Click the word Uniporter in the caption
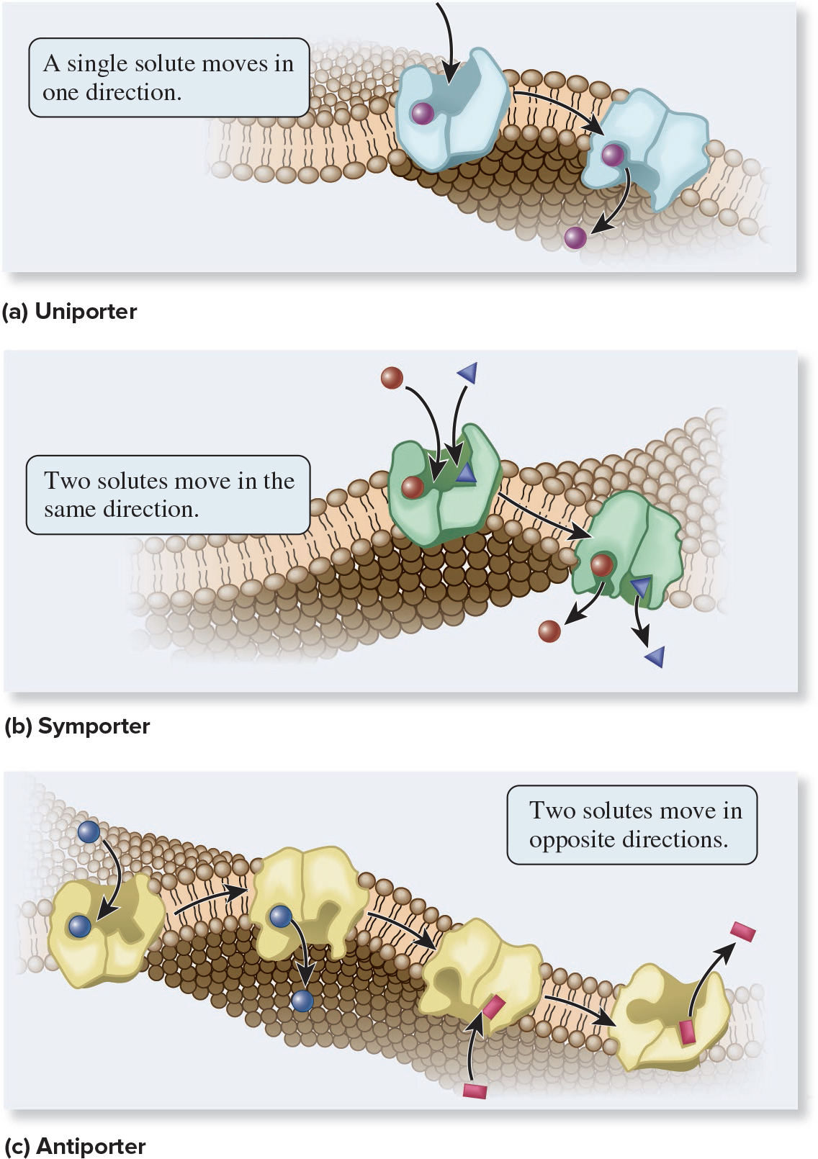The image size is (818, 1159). click(x=86, y=312)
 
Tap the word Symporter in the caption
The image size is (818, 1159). click(x=94, y=726)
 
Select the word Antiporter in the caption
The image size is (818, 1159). click(x=91, y=1146)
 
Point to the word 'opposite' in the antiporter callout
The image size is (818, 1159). click(x=572, y=840)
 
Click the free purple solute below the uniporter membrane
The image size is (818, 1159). click(x=575, y=237)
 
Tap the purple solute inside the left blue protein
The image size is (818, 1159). click(x=422, y=113)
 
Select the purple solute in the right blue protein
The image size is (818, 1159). click(x=613, y=154)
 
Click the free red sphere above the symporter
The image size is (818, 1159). click(x=392, y=377)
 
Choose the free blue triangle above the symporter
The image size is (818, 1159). click(x=467, y=371)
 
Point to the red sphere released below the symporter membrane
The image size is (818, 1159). click(x=549, y=631)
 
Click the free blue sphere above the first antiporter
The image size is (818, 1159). click(x=89, y=831)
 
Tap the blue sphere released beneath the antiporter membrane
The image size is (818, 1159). click(x=302, y=1001)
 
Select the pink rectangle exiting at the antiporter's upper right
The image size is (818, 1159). click(x=742, y=932)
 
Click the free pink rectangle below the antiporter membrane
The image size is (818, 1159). click(x=475, y=1091)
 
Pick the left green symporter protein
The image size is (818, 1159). click(x=441, y=486)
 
